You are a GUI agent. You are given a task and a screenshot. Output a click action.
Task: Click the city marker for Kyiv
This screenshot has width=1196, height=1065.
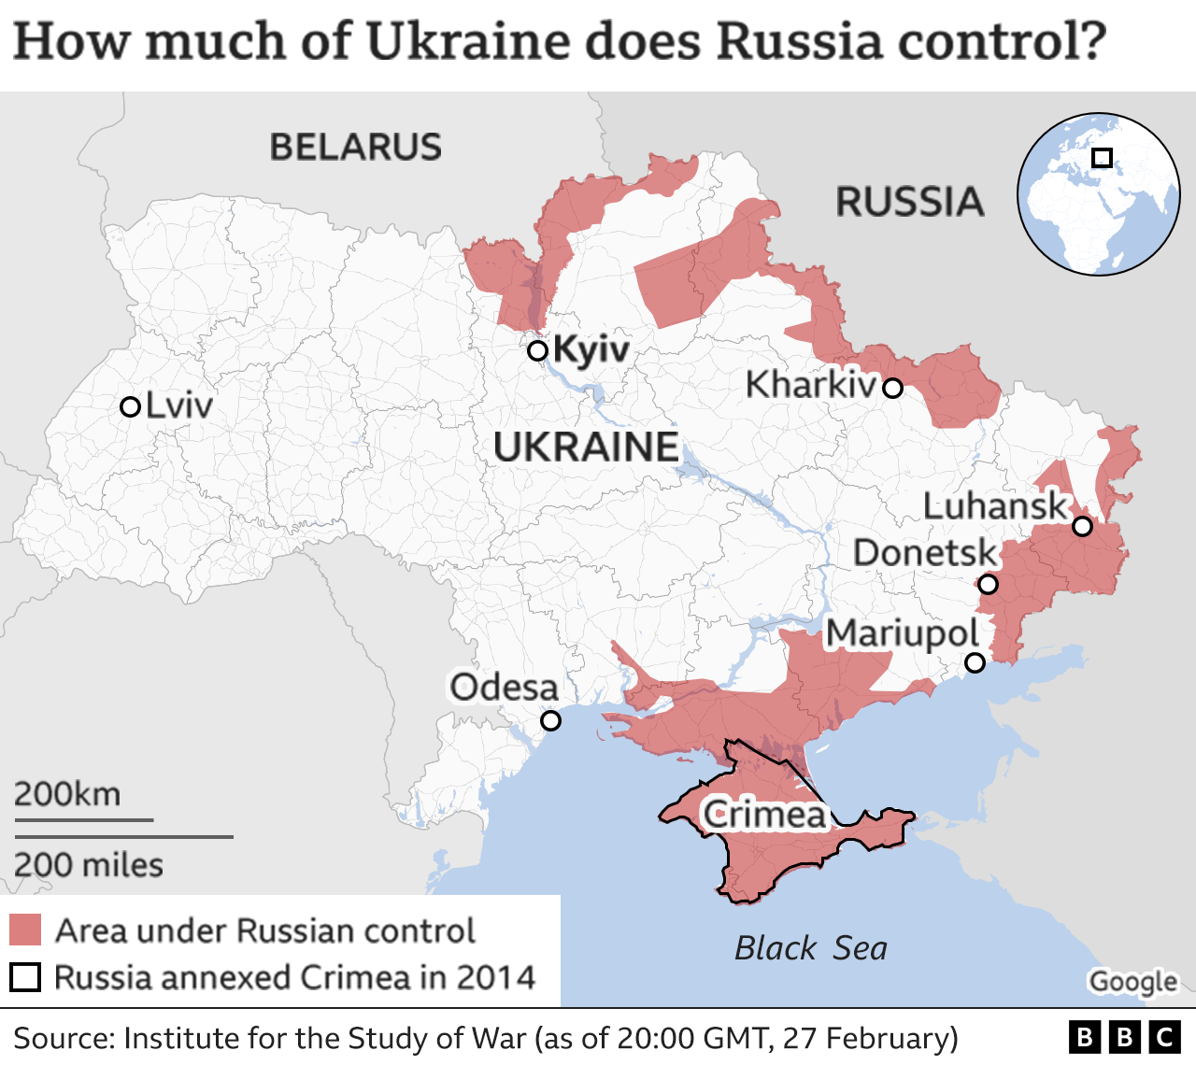(537, 351)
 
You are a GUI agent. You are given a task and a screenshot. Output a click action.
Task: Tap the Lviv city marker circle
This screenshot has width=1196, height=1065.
(131, 407)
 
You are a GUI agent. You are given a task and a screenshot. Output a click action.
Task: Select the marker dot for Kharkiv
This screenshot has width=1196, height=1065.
(893, 388)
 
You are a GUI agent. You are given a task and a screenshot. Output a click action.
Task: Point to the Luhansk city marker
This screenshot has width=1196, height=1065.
(1082, 526)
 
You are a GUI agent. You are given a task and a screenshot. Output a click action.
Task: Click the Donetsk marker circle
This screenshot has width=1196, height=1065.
(988, 585)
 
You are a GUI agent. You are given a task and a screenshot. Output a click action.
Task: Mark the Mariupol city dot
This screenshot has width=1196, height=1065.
(975, 663)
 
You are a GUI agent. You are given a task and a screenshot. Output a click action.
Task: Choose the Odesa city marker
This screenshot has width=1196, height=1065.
(551, 721)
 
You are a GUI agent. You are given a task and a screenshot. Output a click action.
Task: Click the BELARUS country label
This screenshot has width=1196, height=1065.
(355, 148)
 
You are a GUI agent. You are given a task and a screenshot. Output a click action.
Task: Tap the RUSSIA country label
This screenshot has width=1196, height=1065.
(909, 203)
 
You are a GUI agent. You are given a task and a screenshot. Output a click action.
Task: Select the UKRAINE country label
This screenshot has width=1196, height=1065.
(586, 447)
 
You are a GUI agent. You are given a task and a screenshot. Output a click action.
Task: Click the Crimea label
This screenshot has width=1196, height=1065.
(764, 815)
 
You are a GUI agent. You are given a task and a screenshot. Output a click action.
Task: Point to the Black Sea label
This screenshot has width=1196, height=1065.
(810, 948)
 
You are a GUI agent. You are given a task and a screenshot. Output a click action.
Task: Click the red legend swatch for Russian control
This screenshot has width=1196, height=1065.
(25, 930)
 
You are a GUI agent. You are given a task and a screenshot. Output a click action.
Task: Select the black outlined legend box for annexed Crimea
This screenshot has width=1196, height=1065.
(25, 977)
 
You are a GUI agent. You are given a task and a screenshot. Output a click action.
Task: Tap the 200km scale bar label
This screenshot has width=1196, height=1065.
(67, 794)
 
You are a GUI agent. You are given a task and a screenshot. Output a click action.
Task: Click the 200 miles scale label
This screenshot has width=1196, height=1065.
(88, 865)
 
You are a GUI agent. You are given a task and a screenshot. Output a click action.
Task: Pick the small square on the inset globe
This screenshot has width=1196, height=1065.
(1103, 158)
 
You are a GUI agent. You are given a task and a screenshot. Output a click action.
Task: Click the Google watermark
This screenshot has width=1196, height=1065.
(1132, 982)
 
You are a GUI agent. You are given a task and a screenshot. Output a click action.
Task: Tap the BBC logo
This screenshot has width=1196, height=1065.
(1124, 1038)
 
